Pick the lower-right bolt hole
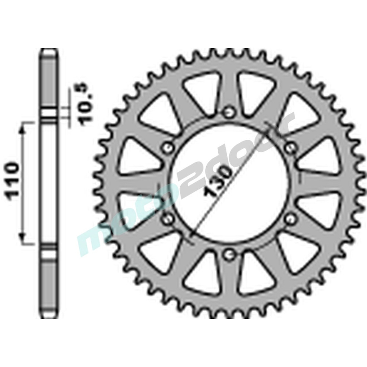click(291, 219)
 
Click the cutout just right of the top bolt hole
click(256, 90)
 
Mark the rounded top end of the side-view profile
click(48, 51)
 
